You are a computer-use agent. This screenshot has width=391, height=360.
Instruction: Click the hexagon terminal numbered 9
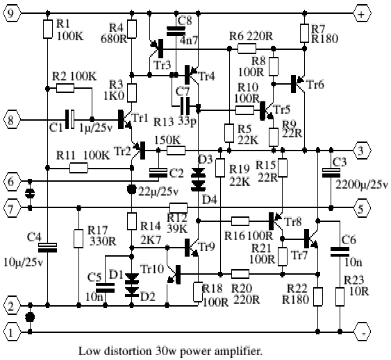pos(11,13)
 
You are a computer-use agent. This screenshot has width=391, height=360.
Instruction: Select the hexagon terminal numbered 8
pos(11,120)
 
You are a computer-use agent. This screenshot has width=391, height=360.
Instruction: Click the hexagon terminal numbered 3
pos(362,151)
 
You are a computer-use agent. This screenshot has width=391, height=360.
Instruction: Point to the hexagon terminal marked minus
pos(362,332)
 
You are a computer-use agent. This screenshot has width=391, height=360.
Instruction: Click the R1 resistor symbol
pos(48,29)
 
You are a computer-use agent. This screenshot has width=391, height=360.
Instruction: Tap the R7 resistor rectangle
pos(304,33)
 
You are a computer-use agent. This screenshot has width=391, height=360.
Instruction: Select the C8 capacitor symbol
pos(176,31)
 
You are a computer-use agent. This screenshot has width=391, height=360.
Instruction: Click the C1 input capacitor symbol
pos(69,119)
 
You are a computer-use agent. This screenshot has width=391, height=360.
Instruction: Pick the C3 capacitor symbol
pos(331,173)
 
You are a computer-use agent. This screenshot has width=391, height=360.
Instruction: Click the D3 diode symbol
pos(198,172)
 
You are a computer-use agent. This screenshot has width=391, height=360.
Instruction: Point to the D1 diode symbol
pos(132,277)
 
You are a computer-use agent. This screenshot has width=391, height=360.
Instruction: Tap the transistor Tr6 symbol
pos(298,84)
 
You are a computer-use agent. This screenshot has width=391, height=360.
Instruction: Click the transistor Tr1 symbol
pos(125,119)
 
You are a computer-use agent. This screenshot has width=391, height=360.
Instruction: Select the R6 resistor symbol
pos(247,49)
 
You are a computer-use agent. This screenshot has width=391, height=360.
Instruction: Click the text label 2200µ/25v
pos(362,185)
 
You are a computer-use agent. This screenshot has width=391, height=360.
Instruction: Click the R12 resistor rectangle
pos(178,208)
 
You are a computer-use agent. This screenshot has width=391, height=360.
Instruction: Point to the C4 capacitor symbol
pos(47,248)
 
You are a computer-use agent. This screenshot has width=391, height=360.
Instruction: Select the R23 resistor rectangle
pos(340,297)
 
